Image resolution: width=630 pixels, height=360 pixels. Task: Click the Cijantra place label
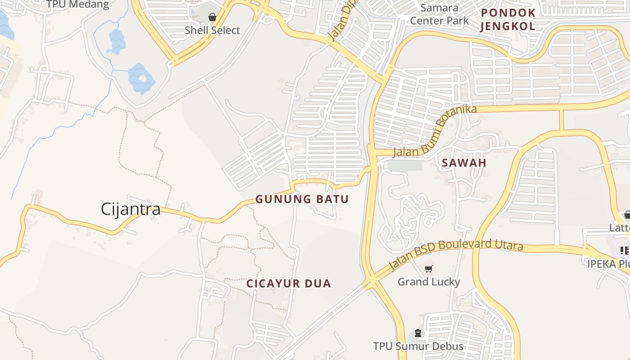click(130, 209)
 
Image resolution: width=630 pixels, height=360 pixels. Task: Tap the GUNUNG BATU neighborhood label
click(302, 199)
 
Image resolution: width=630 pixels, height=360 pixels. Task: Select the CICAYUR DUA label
click(288, 283)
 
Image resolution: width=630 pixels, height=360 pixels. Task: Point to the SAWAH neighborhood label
click(464, 163)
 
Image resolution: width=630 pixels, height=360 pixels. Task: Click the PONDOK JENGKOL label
click(508, 19)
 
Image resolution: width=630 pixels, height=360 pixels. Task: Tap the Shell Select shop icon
click(212, 17)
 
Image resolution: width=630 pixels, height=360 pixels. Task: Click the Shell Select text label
click(212, 31)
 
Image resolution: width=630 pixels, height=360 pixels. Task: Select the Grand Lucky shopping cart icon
click(428, 269)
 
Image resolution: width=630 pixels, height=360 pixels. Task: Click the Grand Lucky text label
click(428, 282)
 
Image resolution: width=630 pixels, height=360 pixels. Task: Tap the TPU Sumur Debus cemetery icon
click(418, 333)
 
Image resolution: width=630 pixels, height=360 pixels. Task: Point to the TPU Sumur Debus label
click(418, 346)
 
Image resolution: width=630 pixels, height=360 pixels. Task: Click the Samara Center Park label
click(439, 14)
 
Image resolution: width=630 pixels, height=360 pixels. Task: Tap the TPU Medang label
click(78, 5)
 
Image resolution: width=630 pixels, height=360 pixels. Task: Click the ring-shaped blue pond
click(141, 79)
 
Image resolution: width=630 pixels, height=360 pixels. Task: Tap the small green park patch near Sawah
click(405, 165)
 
